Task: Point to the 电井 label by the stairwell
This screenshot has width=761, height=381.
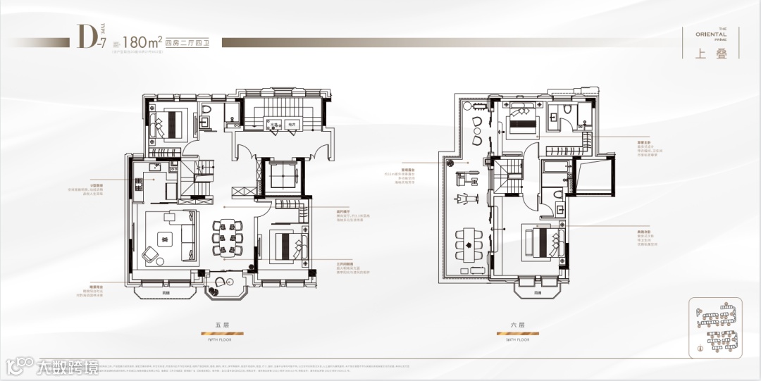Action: [292, 124]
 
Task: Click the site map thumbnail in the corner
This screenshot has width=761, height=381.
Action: [712, 325]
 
